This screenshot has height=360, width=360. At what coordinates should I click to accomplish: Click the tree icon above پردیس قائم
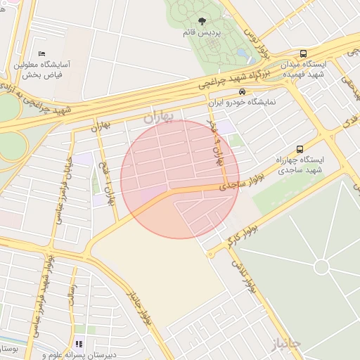pyautogui.click(x=212, y=21)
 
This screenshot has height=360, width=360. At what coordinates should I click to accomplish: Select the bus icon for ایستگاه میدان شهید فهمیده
pyautogui.click(x=303, y=53)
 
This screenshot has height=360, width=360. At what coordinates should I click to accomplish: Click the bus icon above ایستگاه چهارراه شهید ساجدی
pyautogui.click(x=300, y=149)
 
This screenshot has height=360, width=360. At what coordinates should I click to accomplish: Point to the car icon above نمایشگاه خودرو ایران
pyautogui.click(x=243, y=91)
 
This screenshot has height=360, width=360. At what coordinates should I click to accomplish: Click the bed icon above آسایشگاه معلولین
pyautogui.click(x=41, y=53)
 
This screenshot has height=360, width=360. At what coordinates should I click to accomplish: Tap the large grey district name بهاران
pyautogui.click(x=158, y=118)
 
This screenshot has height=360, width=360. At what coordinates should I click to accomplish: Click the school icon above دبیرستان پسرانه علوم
pyautogui.click(x=78, y=345)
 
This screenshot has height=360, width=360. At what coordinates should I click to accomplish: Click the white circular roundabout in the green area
pyautogui.click(x=321, y=266)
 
